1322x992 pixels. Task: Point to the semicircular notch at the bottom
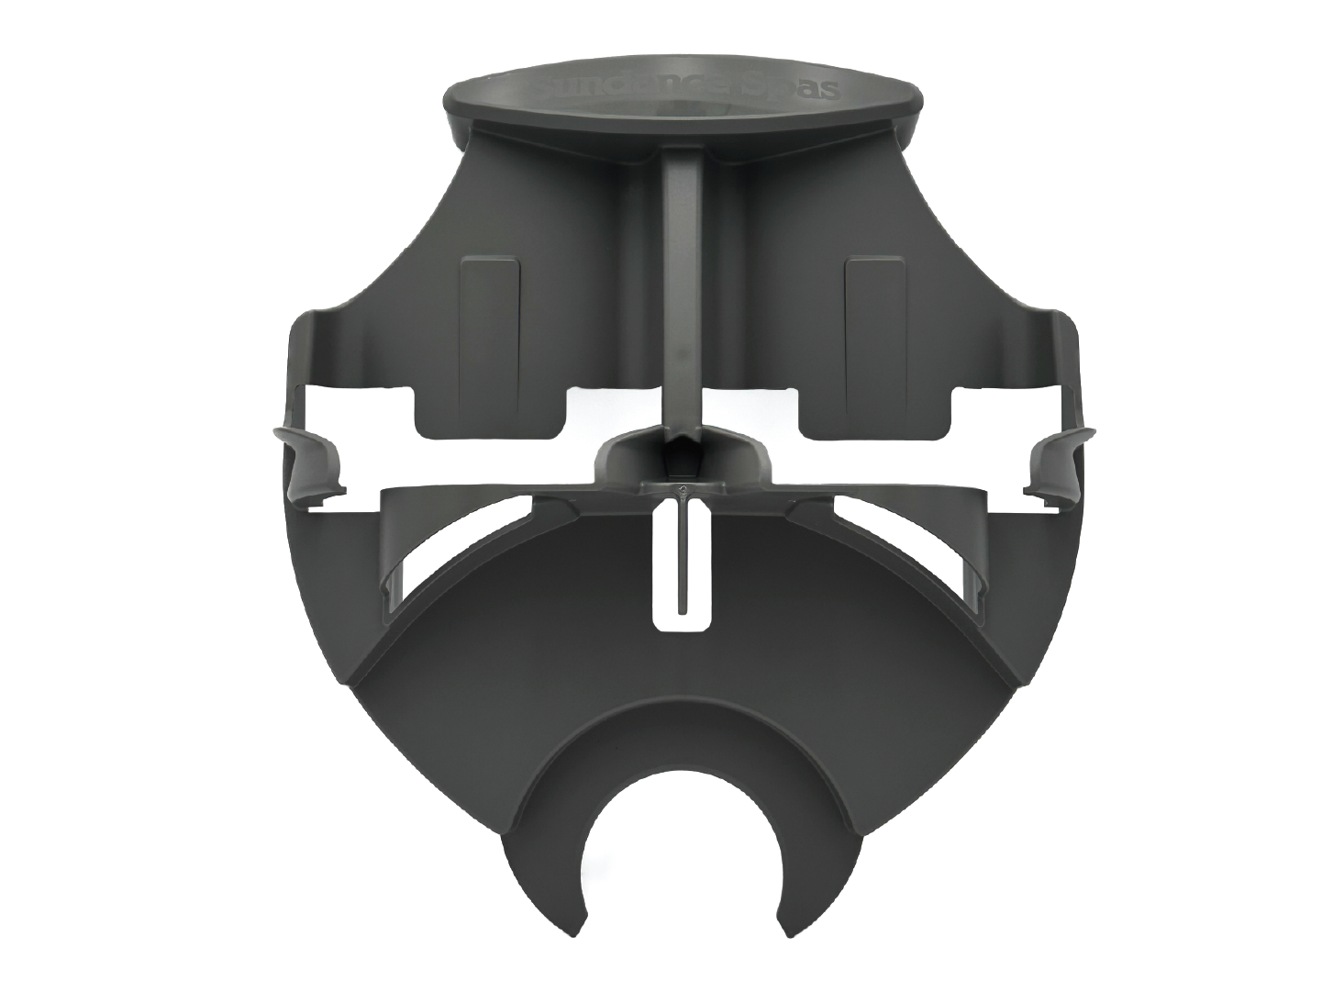tap(682, 826)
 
